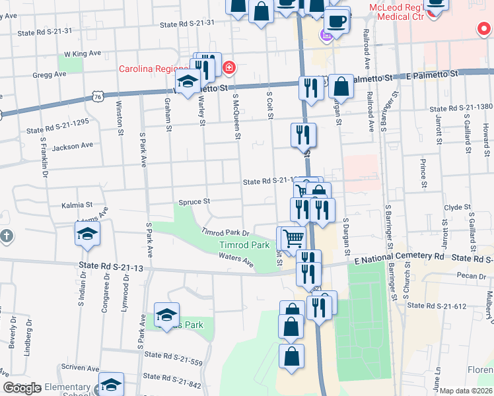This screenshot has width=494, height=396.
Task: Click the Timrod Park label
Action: click(244, 245)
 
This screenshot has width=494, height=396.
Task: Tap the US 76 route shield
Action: click(97, 96)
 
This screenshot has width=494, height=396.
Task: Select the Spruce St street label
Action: click(194, 201)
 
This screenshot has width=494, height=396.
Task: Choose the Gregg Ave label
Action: click(50, 75)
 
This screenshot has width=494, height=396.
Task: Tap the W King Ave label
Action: click(82, 54)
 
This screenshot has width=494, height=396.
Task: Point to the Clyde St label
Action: click(457, 207)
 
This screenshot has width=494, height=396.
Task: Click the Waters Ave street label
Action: click(236, 260)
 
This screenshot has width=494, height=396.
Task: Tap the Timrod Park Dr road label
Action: click(225, 233)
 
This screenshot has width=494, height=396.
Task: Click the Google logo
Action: click(22, 388)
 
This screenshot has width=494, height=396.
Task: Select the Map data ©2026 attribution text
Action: click(466, 391)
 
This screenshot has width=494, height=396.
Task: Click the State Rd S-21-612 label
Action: click(437, 306)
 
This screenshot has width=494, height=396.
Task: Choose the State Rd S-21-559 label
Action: click(174, 362)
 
